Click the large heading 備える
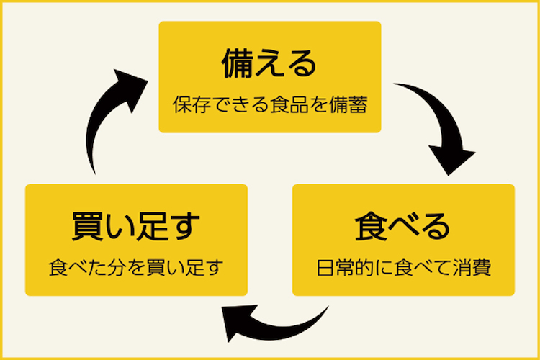click(269, 63)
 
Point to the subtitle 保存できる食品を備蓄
click(269, 106)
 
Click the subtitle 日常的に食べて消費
click(403, 269)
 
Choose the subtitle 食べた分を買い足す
click(136, 269)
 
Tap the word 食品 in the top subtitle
click(294, 106)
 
